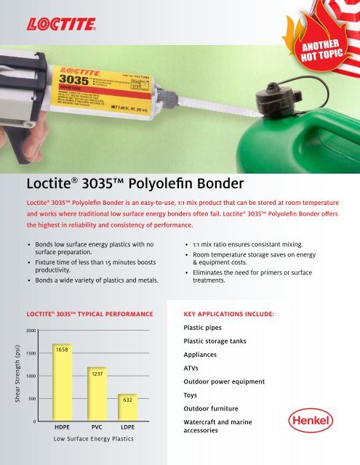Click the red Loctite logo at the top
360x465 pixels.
64,26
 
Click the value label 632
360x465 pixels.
127,400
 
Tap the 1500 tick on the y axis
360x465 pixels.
28,353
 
